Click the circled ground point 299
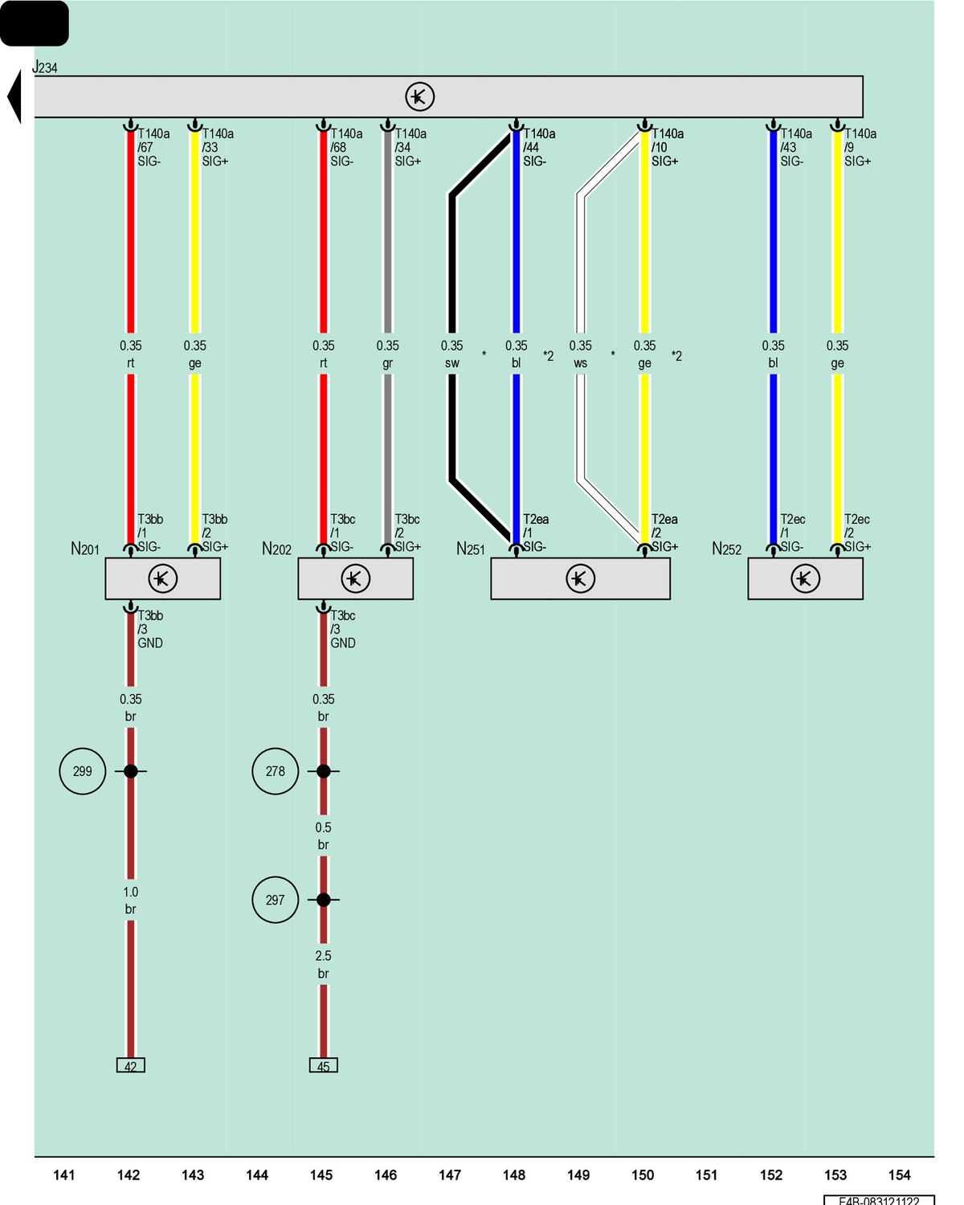82,771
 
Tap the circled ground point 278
275,771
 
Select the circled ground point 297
275,900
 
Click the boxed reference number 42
130,1065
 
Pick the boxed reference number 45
323,1065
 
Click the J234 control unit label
44,67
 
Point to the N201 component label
84,549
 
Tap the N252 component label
726,549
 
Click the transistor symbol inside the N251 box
580,578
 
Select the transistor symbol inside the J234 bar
419,96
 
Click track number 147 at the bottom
449,1174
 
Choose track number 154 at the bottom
899,1174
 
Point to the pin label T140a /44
539,141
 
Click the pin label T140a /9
860,141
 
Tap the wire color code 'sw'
451,363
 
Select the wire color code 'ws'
580,363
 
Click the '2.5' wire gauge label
323,956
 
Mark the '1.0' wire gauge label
130,892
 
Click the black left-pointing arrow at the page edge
14,96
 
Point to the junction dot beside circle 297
323,900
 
